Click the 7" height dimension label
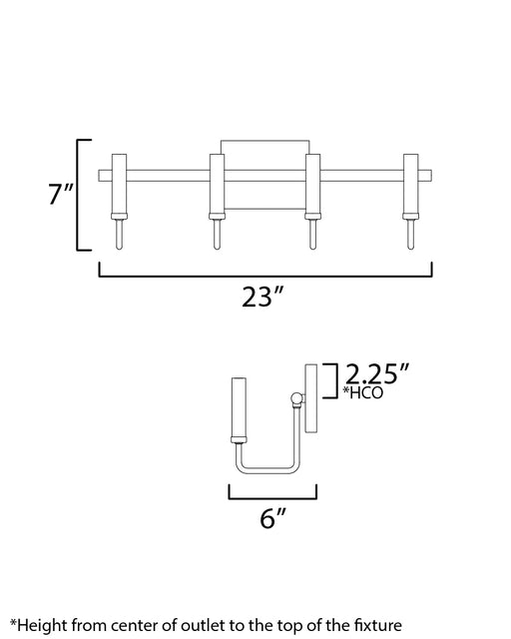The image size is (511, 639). coord(61,194)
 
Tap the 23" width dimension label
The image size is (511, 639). coord(262,297)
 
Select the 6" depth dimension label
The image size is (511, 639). coord(273,518)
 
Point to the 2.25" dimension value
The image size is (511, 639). coord(376,373)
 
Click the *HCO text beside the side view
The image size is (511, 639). coord(362,392)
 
